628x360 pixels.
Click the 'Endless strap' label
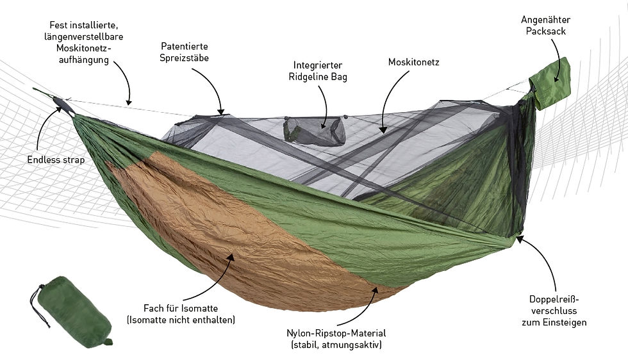coord(56,160)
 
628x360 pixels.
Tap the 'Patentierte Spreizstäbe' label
coord(185,53)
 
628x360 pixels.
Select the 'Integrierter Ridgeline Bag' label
coord(318,71)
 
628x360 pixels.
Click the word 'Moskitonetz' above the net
coord(414,62)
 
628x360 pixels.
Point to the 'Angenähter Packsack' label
coord(545,25)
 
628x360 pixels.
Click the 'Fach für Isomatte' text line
coord(181,308)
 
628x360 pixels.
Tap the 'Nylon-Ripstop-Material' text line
coord(336,333)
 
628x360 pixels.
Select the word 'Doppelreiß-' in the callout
coord(554,300)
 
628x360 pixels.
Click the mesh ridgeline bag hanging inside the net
coord(315,130)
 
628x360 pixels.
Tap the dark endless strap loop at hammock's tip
coord(64,105)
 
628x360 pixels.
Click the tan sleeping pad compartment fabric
coord(240,240)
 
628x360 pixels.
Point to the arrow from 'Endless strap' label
coord(44,124)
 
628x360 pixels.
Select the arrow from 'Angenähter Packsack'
coord(558,56)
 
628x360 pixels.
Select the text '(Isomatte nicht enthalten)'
coord(181,320)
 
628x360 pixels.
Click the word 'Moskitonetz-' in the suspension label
coord(84,48)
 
